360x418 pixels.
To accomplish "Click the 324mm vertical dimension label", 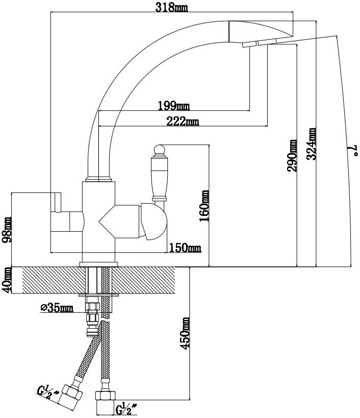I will [x=312, y=144].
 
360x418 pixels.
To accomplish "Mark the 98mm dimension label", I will [x=7, y=230].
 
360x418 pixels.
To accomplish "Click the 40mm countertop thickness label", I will [x=7, y=280].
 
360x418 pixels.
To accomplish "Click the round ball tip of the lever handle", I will [x=158, y=150].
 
